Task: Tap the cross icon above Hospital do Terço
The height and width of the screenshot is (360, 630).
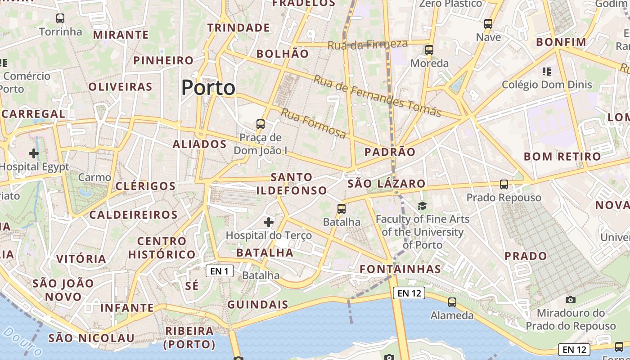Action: (269, 222)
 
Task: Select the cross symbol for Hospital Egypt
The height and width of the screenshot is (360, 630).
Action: (34, 153)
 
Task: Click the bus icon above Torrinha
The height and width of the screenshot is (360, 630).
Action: (60, 18)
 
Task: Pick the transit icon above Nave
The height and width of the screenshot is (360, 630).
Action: (488, 24)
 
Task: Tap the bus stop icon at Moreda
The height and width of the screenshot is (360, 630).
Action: (429, 50)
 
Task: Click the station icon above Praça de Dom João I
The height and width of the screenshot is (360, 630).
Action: (260, 124)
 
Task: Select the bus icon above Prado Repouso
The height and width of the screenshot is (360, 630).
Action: (504, 184)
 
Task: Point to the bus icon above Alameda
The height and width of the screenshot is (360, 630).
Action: (452, 302)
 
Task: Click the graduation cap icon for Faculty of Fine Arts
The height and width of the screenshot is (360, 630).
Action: (422, 206)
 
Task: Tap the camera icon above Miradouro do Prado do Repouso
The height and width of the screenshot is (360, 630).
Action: (570, 300)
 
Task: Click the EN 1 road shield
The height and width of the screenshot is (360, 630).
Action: (219, 271)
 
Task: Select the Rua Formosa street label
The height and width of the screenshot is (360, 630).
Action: (313, 123)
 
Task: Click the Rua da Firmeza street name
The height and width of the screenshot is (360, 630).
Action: (368, 45)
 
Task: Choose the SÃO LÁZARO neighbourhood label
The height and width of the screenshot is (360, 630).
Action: (387, 184)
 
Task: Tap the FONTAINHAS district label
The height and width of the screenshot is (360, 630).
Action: (400, 269)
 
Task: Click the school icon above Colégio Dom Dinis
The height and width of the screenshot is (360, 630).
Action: (547, 71)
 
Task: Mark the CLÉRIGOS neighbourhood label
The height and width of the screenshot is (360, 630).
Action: (145, 186)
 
